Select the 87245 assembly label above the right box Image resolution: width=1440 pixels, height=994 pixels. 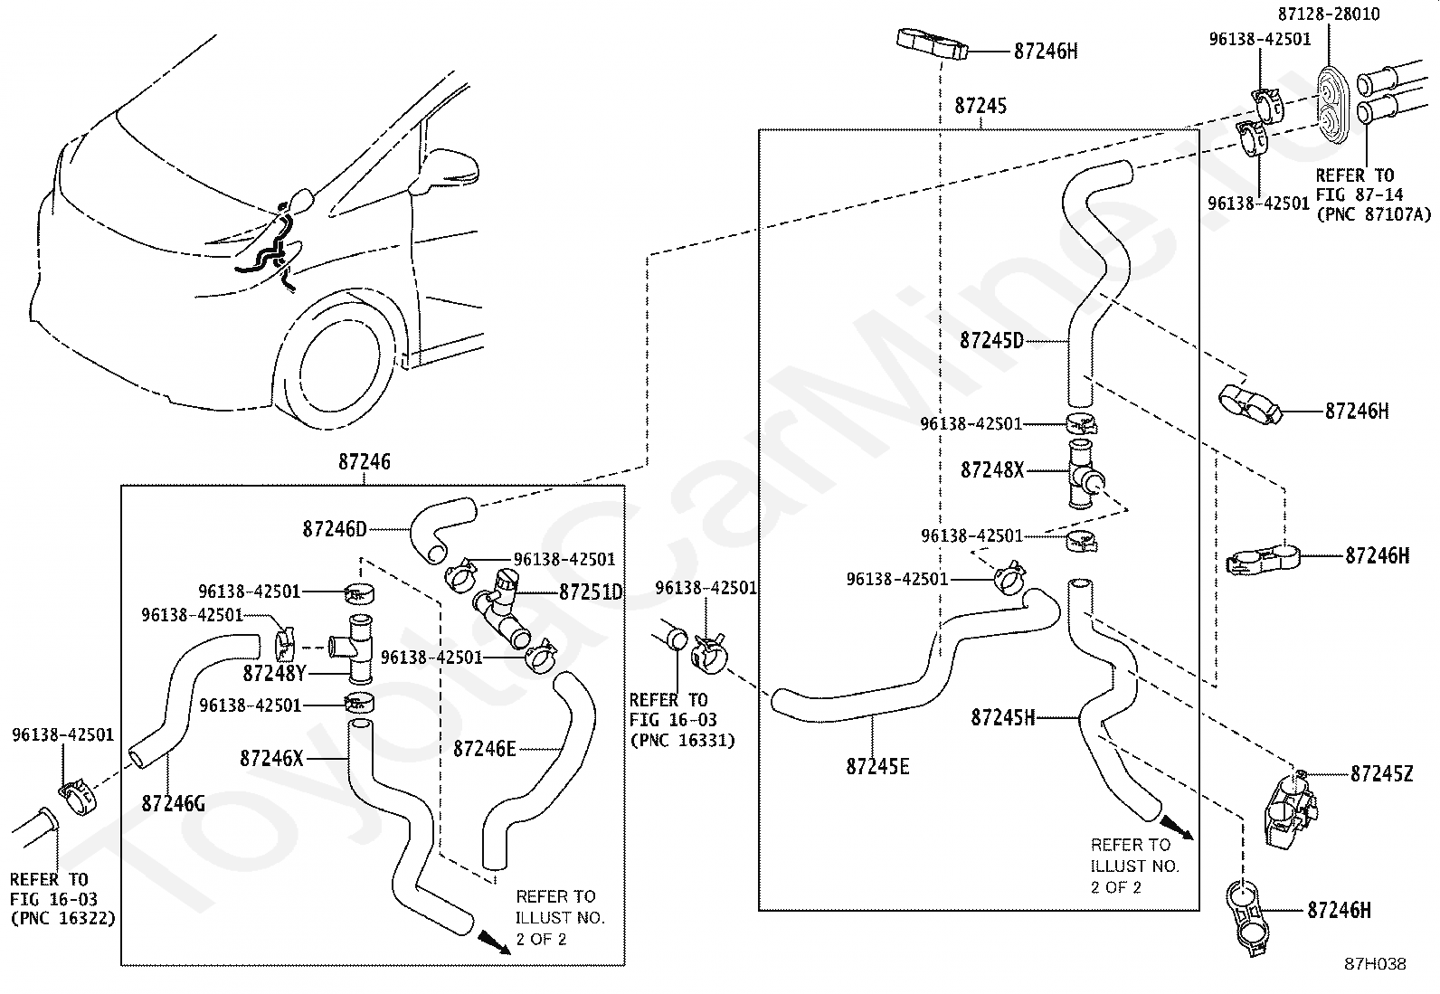pos(980,106)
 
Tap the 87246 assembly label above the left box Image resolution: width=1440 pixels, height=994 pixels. pos(365,461)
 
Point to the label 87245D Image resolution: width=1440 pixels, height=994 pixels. pos(991,341)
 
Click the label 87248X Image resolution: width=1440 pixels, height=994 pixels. pos(992,470)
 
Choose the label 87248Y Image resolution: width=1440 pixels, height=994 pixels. pos(275,673)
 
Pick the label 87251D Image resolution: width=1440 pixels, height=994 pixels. pos(592,592)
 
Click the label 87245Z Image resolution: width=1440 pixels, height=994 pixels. pos(1381,773)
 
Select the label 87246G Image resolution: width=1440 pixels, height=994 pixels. pos(173,802)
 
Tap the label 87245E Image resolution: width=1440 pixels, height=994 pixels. pos(877,767)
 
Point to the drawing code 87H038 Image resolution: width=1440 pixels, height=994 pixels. pos(1374,964)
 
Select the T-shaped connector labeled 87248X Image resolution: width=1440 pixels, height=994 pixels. pos(1082,476)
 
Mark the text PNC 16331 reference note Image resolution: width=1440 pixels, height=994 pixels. pos(681,741)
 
